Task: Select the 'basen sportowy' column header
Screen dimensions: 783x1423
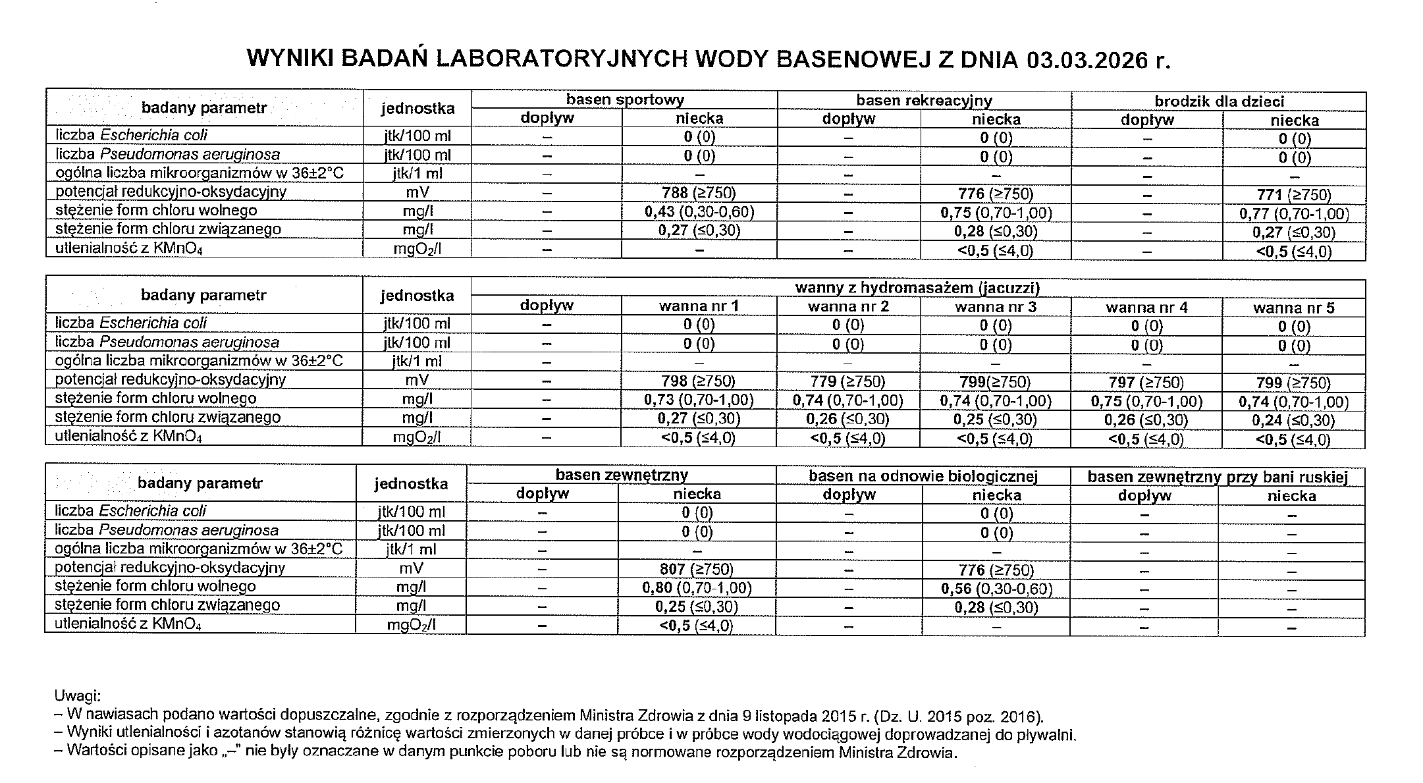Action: pos(624,100)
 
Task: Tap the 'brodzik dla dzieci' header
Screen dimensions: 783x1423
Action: pos(1219,101)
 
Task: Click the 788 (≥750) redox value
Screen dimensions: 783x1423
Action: pos(699,192)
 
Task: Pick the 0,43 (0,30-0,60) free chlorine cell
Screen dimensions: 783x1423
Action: pos(699,211)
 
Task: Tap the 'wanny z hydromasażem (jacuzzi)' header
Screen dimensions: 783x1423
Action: pos(917,288)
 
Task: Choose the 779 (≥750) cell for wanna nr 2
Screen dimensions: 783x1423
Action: pos(847,382)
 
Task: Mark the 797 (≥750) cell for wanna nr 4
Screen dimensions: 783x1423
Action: pos(1146,383)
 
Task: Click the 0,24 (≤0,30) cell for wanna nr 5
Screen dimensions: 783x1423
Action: pos(1293,420)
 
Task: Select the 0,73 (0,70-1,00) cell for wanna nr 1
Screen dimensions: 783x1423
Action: pos(698,400)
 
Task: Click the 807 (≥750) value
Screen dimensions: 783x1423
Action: pos(696,569)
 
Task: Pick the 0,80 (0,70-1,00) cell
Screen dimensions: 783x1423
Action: pos(696,587)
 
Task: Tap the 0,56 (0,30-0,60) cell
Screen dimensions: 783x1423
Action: pos(996,589)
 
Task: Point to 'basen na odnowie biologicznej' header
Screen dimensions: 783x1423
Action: pos(923,476)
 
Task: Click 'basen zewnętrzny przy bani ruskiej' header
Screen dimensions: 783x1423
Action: pos(1218,477)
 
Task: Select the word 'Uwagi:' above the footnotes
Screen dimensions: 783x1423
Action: pos(77,695)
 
